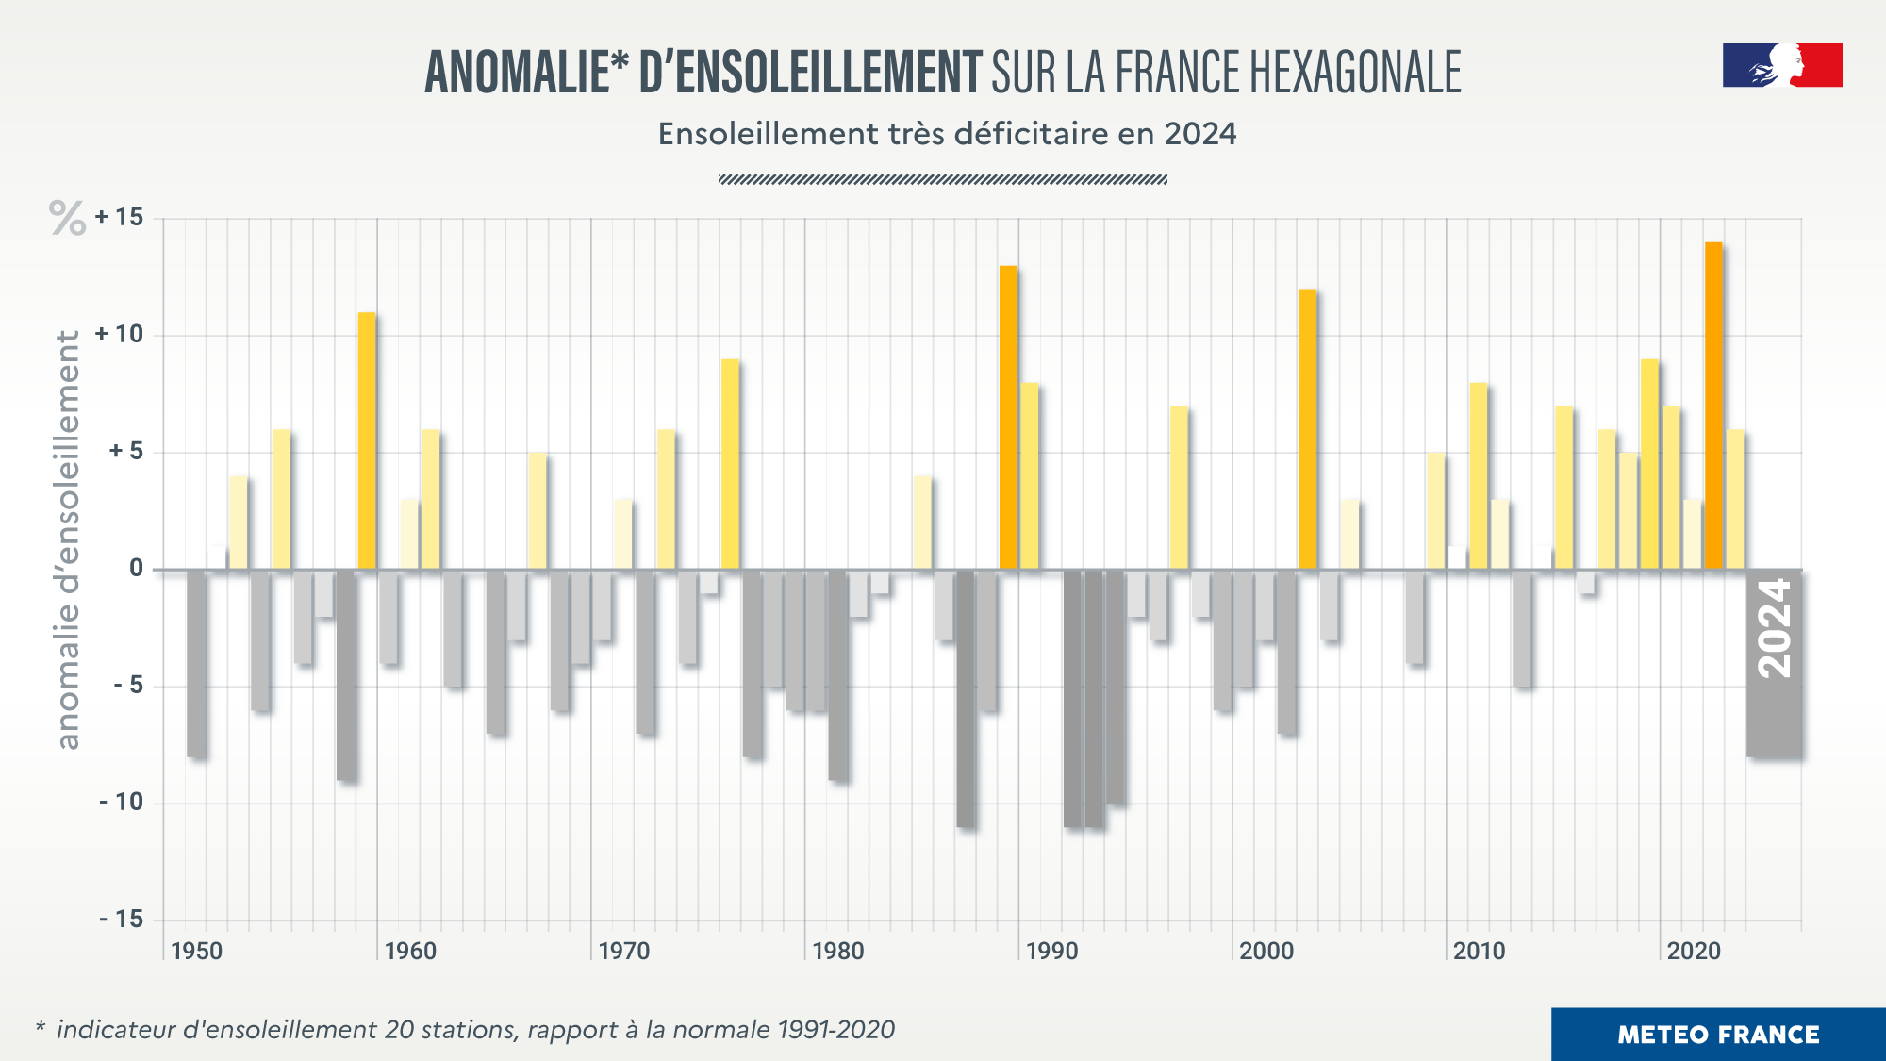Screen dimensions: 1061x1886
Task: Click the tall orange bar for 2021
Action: click(1712, 406)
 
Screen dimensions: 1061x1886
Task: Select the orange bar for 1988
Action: click(1008, 418)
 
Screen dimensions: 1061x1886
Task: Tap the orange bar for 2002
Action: click(1307, 429)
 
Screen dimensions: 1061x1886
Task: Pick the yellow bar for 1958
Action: click(366, 440)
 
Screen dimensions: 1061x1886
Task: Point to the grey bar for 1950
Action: click(196, 662)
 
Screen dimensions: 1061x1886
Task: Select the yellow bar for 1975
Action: click(730, 464)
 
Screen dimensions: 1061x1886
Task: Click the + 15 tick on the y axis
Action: click(119, 218)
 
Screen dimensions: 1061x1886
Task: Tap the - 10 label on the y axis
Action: click(121, 803)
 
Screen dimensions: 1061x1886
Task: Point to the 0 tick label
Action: click(137, 569)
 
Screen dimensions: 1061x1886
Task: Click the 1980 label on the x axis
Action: click(837, 951)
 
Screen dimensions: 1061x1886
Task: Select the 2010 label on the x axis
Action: click(1479, 951)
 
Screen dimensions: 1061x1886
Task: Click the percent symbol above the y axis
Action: click(67, 218)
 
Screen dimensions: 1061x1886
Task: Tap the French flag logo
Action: click(1781, 66)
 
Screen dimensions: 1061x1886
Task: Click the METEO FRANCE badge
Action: click(1717, 1035)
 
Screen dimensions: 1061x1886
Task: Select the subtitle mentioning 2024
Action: click(947, 134)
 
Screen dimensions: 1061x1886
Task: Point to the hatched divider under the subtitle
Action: click(943, 179)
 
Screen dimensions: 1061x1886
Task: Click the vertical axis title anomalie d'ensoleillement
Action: click(68, 539)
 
